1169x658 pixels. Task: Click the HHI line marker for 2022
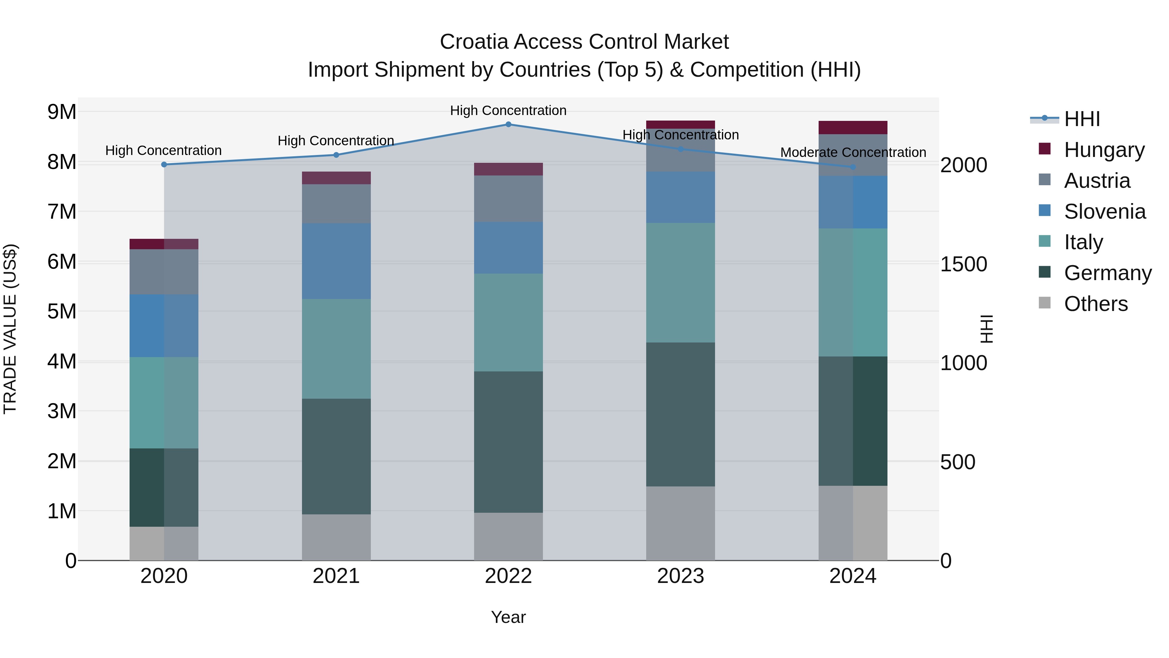pyautogui.click(x=508, y=124)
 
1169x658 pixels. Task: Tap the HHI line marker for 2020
pyautogui.click(x=164, y=164)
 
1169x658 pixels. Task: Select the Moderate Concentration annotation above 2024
pyautogui.click(x=853, y=153)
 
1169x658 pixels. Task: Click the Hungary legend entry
pyautogui.click(x=1104, y=150)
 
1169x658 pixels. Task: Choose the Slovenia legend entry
pyautogui.click(x=1105, y=212)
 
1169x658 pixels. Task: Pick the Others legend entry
pyautogui.click(x=1096, y=304)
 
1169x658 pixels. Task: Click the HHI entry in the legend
pyautogui.click(x=1082, y=119)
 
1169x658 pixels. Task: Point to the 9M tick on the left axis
pyautogui.click(x=62, y=112)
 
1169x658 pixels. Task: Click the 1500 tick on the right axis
pyautogui.click(x=963, y=264)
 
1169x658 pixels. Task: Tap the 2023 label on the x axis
pyautogui.click(x=680, y=576)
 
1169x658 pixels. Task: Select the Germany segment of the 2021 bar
pyautogui.click(x=336, y=457)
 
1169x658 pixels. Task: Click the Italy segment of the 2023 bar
pyautogui.click(x=680, y=282)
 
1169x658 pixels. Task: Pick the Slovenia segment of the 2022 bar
pyautogui.click(x=508, y=248)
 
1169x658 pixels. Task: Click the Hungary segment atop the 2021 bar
pyautogui.click(x=336, y=178)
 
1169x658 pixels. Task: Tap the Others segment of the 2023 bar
pyautogui.click(x=680, y=523)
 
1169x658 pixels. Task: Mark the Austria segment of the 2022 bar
pyautogui.click(x=508, y=199)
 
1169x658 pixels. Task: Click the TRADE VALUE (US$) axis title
pyautogui.click(x=10, y=329)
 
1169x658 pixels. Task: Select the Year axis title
pyautogui.click(x=508, y=617)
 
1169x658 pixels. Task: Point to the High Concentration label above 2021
pyautogui.click(x=336, y=141)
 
